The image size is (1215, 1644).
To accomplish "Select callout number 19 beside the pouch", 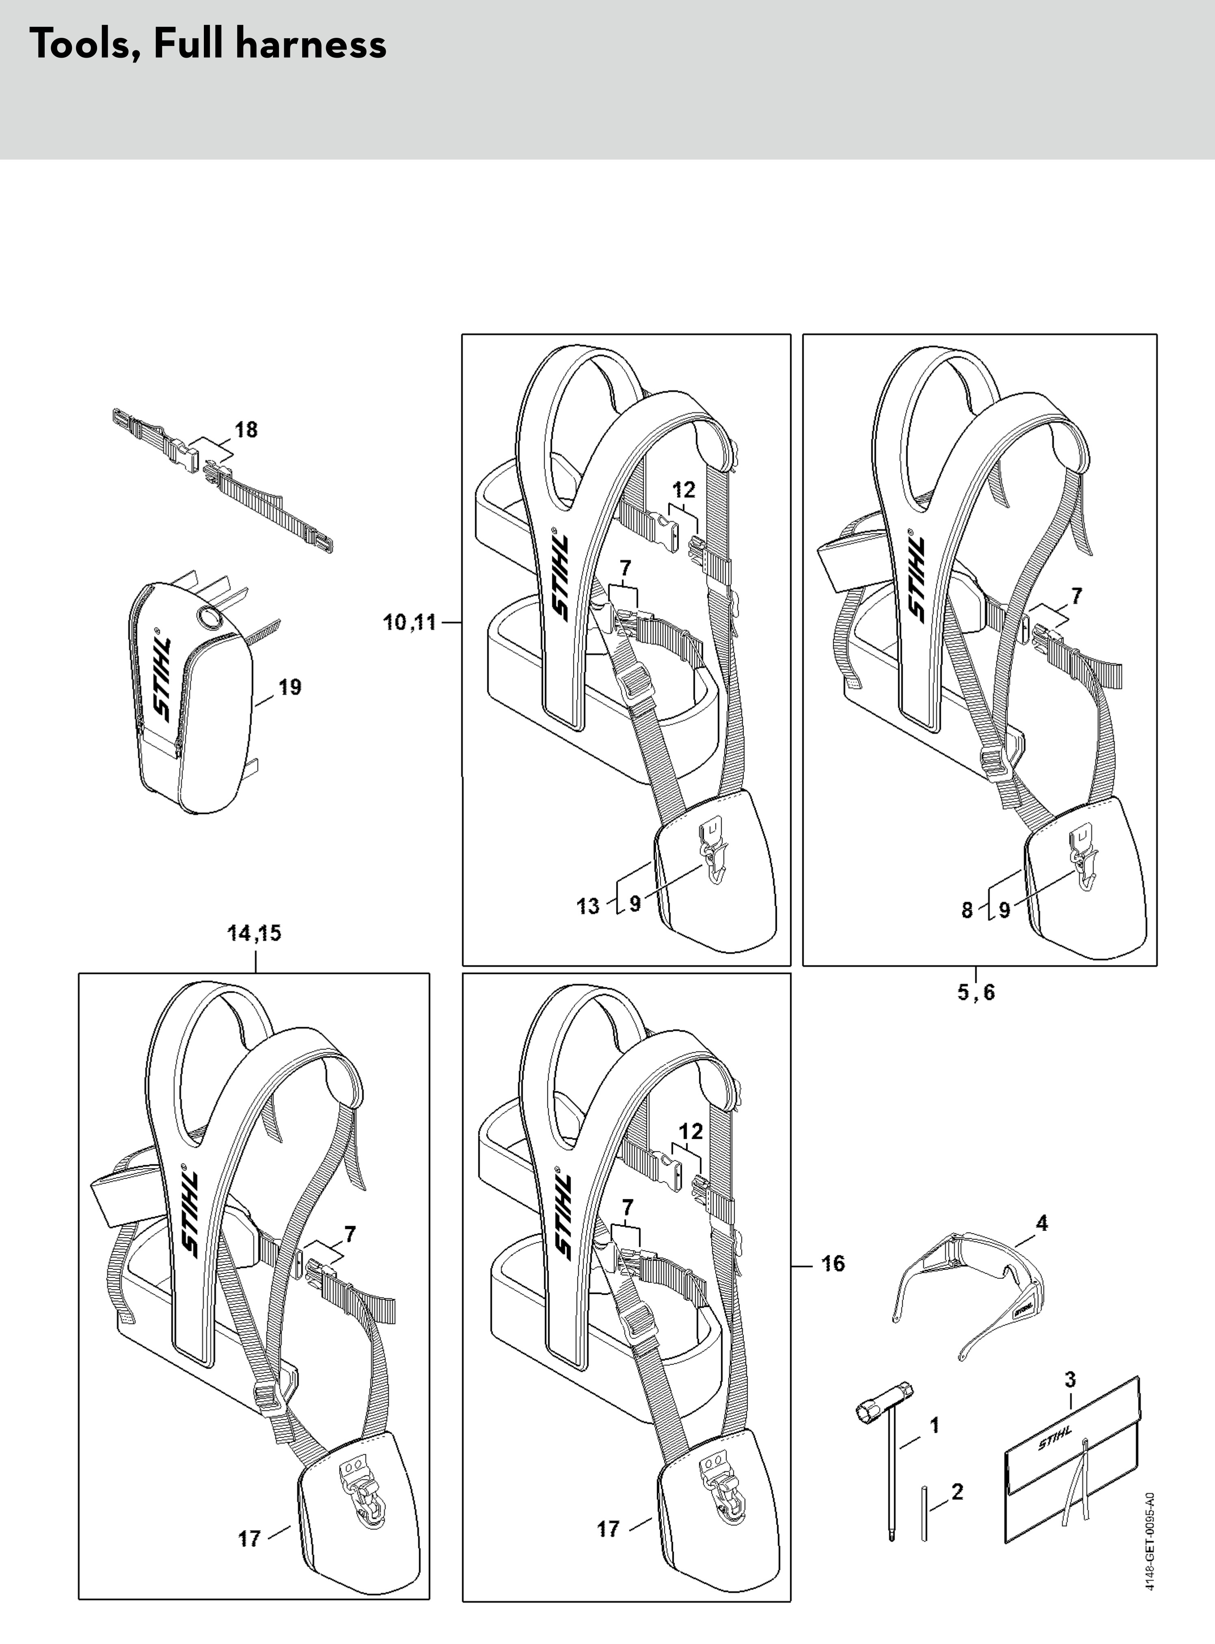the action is (290, 687).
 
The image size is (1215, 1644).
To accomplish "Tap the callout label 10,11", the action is (410, 623).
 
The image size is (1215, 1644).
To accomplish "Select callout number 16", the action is (833, 1264).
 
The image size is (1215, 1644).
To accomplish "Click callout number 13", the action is (588, 906).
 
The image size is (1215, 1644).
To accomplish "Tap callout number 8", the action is (967, 910).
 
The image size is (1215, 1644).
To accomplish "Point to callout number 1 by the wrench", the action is (934, 1426).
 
